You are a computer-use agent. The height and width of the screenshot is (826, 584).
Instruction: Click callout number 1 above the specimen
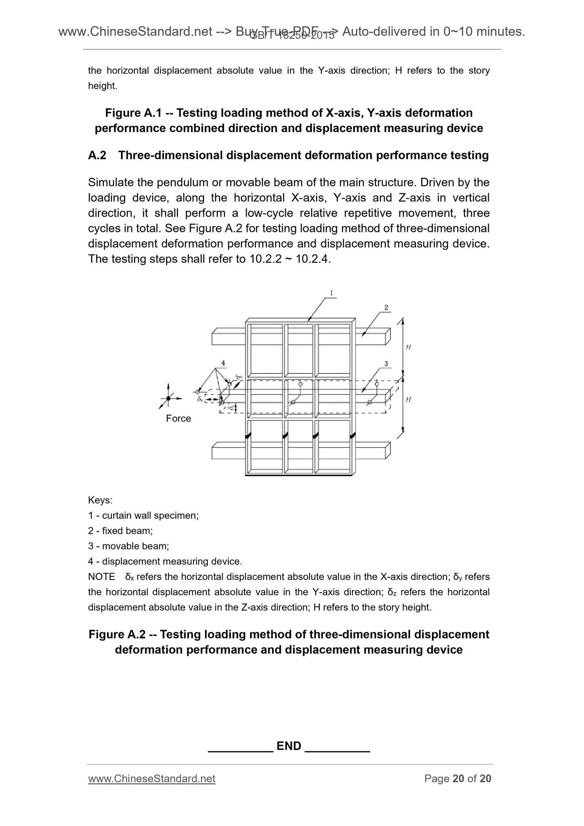pos(331,293)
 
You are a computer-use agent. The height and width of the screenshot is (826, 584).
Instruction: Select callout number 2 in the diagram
pos(386,308)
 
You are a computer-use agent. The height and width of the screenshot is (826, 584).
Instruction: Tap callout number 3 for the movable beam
pos(386,364)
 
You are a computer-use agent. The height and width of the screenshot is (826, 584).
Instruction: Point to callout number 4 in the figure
pos(223,363)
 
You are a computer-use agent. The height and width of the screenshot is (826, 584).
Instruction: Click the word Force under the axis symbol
pos(178,418)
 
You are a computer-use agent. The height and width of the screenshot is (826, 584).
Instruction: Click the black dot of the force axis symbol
pos(168,398)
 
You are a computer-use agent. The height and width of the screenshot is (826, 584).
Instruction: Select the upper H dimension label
pos(408,347)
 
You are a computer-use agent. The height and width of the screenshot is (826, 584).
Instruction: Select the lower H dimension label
pos(408,400)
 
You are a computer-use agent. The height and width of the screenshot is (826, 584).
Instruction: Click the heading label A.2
pos(97,155)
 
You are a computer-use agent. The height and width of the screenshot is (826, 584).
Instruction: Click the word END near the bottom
pos(289,746)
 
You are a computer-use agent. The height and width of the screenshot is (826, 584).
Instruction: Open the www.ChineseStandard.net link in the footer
pos(152,779)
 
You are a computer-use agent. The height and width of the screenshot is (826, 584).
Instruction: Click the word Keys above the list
pos(100,500)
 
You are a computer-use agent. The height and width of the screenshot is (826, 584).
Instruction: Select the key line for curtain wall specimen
pos(143,516)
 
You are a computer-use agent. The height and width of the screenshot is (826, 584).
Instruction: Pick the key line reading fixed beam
pos(120,531)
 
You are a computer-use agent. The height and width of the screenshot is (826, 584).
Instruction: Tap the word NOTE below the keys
pos(101,577)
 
